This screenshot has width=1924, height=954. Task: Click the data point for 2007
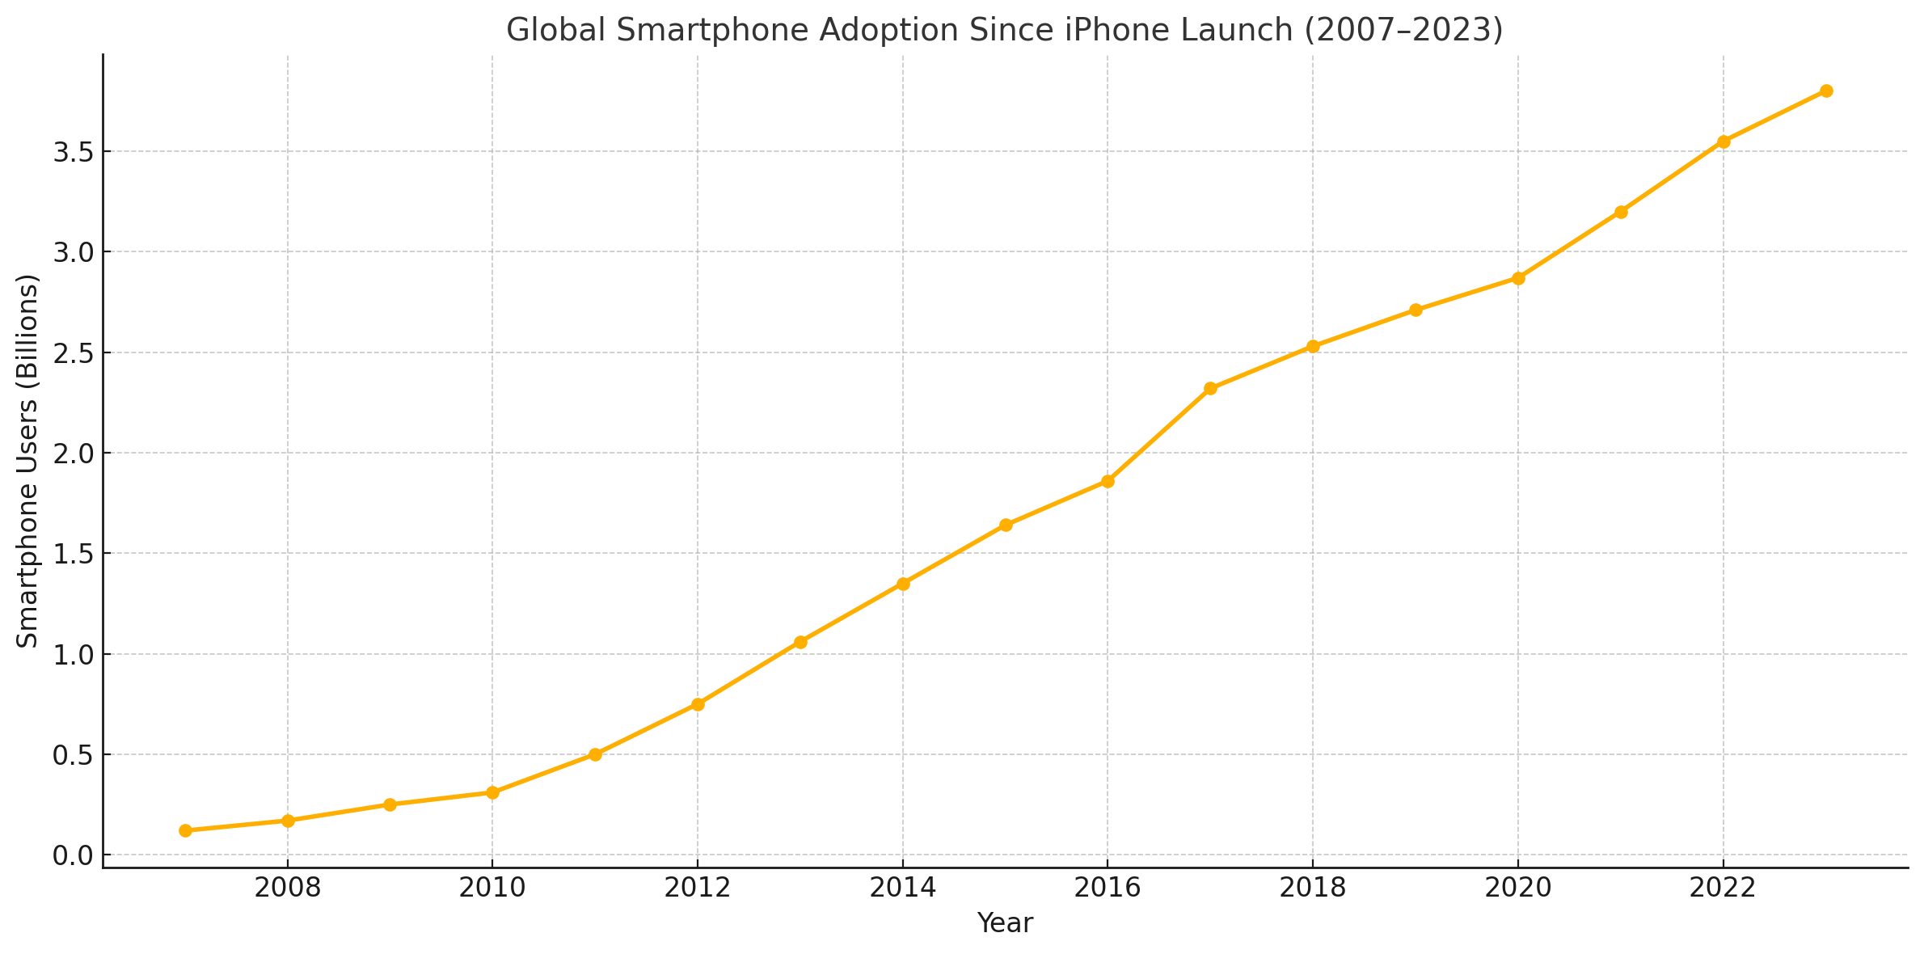(185, 830)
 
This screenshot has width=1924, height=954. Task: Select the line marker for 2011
(595, 754)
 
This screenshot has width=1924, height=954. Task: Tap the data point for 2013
(800, 642)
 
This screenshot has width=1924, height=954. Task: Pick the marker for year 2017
(1210, 388)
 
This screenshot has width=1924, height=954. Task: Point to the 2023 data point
(1825, 91)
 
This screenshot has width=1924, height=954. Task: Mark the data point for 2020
(1518, 278)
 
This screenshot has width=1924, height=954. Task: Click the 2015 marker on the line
(1006, 525)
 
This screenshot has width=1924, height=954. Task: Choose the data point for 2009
(390, 804)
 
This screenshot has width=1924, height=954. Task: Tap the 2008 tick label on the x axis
(288, 888)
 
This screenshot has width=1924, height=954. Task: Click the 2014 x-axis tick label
(903, 888)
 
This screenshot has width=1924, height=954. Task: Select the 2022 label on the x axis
(1723, 888)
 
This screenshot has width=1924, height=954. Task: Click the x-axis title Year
(1005, 923)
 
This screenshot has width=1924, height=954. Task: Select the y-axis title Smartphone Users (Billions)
(27, 461)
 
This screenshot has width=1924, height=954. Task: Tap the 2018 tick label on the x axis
(1313, 888)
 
